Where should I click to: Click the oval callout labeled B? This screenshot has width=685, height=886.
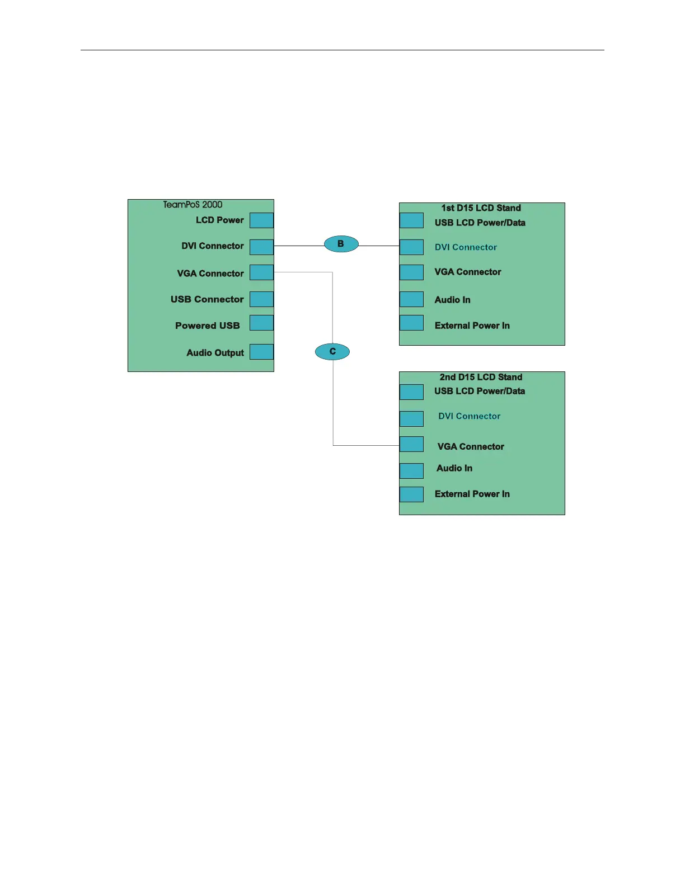pyautogui.click(x=341, y=244)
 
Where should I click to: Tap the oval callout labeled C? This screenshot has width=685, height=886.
pyautogui.click(x=332, y=351)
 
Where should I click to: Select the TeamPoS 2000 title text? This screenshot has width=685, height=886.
pyautogui.click(x=193, y=205)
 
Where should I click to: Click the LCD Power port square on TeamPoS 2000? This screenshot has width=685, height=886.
pyautogui.click(x=261, y=220)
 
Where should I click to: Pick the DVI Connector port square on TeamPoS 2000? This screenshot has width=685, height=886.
pyautogui.click(x=261, y=247)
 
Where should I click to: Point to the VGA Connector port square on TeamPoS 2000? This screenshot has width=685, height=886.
pyautogui.click(x=261, y=272)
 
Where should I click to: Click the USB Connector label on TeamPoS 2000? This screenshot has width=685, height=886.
pyautogui.click(x=207, y=299)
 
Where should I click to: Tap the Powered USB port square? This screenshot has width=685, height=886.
pyautogui.click(x=261, y=323)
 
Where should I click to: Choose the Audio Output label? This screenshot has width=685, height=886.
pyautogui.click(x=215, y=353)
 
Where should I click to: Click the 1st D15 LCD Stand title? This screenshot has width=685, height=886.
pyautogui.click(x=481, y=208)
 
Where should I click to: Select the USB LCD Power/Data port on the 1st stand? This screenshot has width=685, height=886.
pyautogui.click(x=411, y=220)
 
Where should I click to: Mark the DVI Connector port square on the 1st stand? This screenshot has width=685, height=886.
pyautogui.click(x=411, y=247)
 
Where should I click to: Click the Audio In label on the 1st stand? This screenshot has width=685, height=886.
pyautogui.click(x=452, y=300)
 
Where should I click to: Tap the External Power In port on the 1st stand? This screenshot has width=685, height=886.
pyautogui.click(x=411, y=323)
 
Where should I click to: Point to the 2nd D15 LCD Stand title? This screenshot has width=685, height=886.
pyautogui.click(x=481, y=377)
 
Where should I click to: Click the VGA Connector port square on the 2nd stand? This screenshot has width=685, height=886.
pyautogui.click(x=411, y=444)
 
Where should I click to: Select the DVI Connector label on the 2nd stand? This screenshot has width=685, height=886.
pyautogui.click(x=469, y=416)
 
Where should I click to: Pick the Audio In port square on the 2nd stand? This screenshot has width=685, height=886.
pyautogui.click(x=411, y=470)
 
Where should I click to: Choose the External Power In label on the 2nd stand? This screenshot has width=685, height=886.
pyautogui.click(x=472, y=494)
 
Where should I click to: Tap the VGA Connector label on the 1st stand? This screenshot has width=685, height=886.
pyautogui.click(x=467, y=272)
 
